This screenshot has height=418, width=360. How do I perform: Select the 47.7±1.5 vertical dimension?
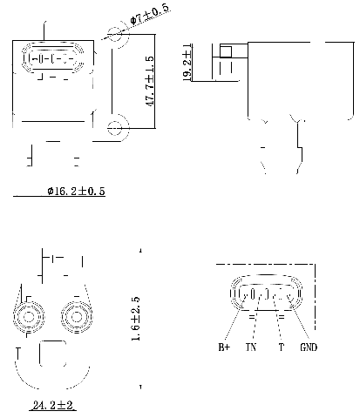pyautogui.click(x=150, y=82)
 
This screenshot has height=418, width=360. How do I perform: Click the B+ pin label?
pyautogui.click(x=224, y=347)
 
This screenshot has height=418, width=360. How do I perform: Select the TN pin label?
pyautogui.click(x=252, y=347)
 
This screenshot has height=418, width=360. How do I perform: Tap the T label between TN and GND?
pyautogui.click(x=281, y=347)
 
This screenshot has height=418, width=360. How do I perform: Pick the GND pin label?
pyautogui.click(x=309, y=347)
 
